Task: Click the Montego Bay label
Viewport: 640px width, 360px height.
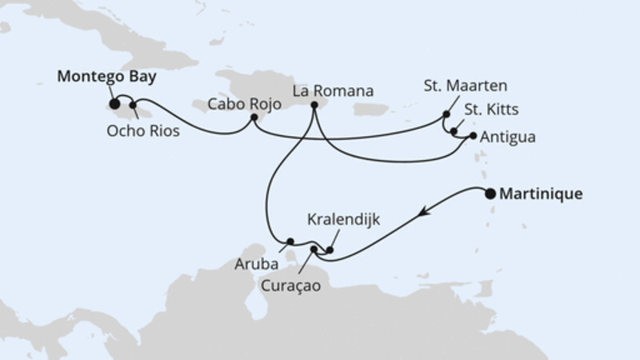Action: coord(106,78)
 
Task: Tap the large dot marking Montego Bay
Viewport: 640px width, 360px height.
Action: coord(115,103)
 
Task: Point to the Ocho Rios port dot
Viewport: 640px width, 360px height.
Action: coord(134,104)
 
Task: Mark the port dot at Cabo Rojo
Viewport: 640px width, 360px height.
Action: coord(254,118)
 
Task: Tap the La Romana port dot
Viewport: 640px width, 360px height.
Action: coord(314,105)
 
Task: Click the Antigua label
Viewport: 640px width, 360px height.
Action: coord(508,137)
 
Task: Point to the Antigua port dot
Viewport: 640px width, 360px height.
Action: coord(473,136)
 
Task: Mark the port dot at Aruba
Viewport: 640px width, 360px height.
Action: coord(291,241)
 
